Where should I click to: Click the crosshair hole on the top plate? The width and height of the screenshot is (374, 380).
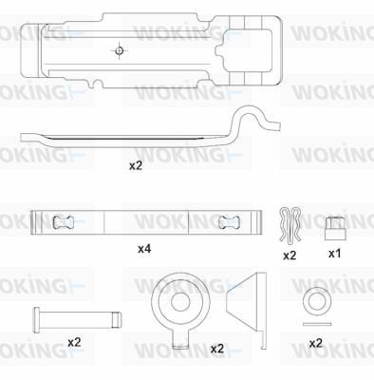(x=120, y=50)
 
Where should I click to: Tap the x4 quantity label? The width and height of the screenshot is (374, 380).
(x=144, y=249)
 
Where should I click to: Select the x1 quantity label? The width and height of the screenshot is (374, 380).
(x=334, y=254)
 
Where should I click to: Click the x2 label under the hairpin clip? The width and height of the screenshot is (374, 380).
(x=290, y=256)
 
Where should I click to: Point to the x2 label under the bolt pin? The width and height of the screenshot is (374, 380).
(x=74, y=342)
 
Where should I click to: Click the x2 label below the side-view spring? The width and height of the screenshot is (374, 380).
(x=136, y=165)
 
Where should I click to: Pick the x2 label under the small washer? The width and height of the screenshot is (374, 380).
(x=315, y=343)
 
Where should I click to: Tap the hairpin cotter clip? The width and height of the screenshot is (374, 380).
(x=290, y=225)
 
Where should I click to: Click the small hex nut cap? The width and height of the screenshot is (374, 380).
(x=333, y=228)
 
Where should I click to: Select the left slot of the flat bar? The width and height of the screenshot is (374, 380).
(x=63, y=222)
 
